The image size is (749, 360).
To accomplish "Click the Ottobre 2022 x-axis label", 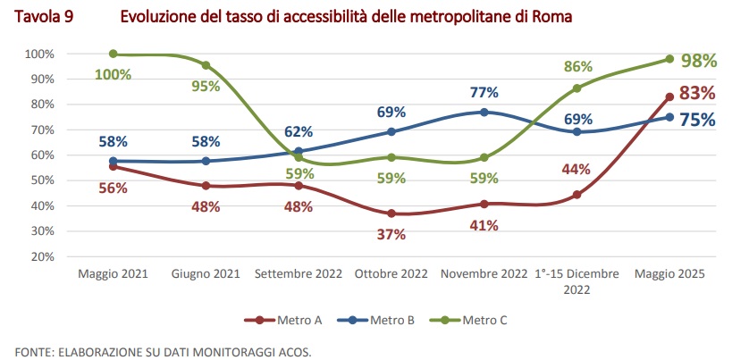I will coord(391,275).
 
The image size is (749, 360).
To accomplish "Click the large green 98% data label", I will coord(699,61).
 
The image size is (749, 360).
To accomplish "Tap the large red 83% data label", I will coord(697,93).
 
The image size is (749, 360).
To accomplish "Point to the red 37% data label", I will coord(391,234).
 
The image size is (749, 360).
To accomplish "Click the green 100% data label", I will coord(114,74).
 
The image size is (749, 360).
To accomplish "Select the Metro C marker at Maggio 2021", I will coord(114,54).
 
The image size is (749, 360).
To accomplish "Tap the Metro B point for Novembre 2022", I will coord(484,112).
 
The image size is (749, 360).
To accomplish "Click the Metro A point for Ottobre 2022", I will coord(391,213).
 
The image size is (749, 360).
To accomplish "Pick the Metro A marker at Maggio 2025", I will coord(669,96).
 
